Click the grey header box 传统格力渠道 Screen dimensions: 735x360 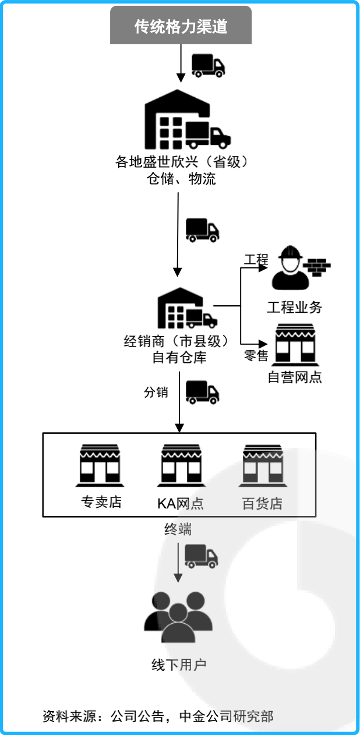point(181,26)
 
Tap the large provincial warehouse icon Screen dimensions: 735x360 point(186,121)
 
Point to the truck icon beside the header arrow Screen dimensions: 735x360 point(208,65)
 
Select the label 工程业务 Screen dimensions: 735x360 point(295,307)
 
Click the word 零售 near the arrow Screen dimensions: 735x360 point(256,356)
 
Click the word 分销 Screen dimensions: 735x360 point(156,392)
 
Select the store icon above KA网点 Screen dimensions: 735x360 point(181,466)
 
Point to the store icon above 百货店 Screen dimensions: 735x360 point(262,466)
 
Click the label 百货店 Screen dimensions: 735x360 point(262,503)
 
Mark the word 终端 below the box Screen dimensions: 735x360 point(178,530)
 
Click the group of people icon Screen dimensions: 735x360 point(178,617)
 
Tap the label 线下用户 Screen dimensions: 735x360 point(179,665)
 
